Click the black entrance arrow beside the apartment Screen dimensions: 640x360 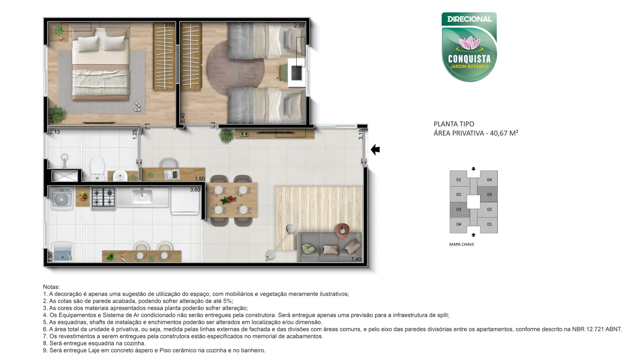[375, 150]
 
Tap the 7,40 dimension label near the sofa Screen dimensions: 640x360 [356, 259]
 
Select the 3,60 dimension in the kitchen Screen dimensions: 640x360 [195, 190]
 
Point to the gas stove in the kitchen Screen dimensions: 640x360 [103, 199]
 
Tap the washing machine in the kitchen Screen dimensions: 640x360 [62, 199]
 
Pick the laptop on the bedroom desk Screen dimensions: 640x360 [297, 73]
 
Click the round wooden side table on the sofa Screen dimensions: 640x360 [342, 230]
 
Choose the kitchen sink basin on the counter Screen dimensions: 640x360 [142, 197]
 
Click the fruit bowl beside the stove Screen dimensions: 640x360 [83, 197]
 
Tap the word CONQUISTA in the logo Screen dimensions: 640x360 [469, 59]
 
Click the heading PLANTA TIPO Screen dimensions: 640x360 [454, 124]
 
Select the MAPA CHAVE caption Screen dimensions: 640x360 [462, 244]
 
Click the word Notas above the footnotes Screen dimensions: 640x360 [51, 287]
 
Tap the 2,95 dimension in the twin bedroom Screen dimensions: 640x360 [299, 26]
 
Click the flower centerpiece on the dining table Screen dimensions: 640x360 [229, 200]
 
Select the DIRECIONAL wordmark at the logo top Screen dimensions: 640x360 [469, 19]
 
